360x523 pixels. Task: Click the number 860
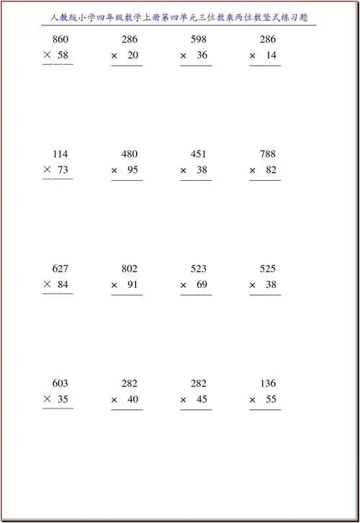pyautogui.click(x=60, y=40)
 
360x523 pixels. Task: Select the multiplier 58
pyautogui.click(x=63, y=55)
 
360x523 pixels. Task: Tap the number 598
pyautogui.click(x=199, y=40)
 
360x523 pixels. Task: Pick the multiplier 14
pyautogui.click(x=271, y=55)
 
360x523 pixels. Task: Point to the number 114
pyautogui.click(x=60, y=154)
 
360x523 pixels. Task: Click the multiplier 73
pyautogui.click(x=63, y=169)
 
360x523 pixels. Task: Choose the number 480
pyautogui.click(x=130, y=154)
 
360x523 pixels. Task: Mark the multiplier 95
pyautogui.click(x=132, y=169)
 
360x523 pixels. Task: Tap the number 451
pyautogui.click(x=199, y=154)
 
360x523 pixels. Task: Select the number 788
pyautogui.click(x=268, y=154)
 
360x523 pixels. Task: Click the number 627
pyautogui.click(x=60, y=269)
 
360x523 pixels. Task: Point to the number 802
pyautogui.click(x=130, y=269)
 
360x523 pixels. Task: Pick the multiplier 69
pyautogui.click(x=202, y=284)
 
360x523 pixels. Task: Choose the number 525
pyautogui.click(x=268, y=269)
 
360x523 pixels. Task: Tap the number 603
pyautogui.click(x=60, y=383)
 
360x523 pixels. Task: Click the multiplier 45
pyautogui.click(x=202, y=399)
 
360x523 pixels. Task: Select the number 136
pyautogui.click(x=268, y=383)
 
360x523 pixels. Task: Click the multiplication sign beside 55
pyautogui.click(x=253, y=400)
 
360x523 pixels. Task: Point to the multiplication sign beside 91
pyautogui.click(x=114, y=285)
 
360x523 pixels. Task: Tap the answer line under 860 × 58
pyautogui.click(x=58, y=66)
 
